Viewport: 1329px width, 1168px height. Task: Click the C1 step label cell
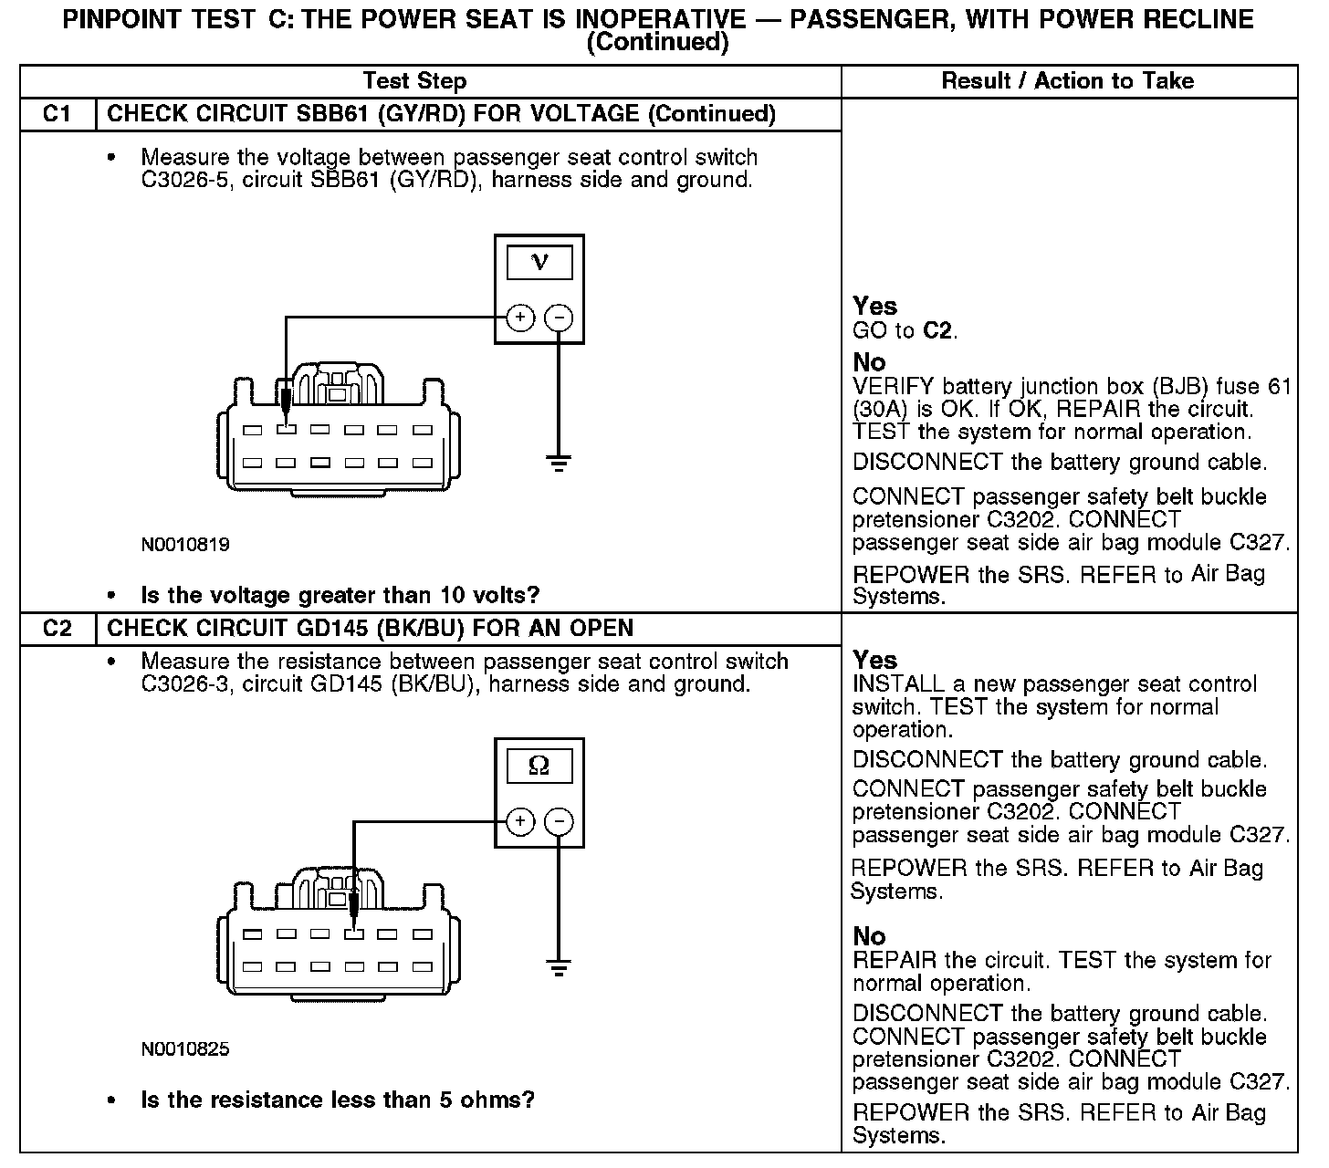pos(57,114)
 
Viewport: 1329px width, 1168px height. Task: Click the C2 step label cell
pos(57,628)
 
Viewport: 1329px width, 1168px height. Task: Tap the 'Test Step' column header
pos(414,81)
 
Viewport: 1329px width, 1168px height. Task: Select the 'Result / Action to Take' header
pos(1067,81)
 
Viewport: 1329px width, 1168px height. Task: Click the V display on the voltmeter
pos(539,263)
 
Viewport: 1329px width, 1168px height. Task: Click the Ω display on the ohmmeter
pos(539,766)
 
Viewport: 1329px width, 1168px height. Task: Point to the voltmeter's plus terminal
pos(520,318)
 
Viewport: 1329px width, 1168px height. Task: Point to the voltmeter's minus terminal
pos(559,318)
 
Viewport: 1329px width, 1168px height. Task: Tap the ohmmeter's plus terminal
pos(520,821)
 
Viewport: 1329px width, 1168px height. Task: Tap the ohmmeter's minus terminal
pos(559,821)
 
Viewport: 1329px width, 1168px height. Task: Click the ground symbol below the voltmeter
pos(559,463)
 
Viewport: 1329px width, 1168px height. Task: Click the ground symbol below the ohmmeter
pos(559,966)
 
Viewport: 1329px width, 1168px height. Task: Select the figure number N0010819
pos(185,545)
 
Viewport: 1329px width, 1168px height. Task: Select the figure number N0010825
pos(185,1049)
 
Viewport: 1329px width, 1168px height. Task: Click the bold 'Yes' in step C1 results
pos(874,307)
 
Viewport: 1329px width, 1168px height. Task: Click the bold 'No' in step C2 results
pos(869,936)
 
